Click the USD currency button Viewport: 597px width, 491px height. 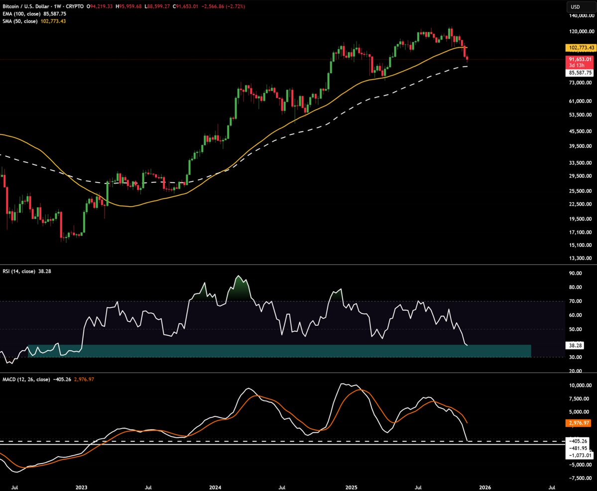point(576,7)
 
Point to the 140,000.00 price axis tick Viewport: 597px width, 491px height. point(582,16)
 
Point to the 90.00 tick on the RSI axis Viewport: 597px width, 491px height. point(576,273)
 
